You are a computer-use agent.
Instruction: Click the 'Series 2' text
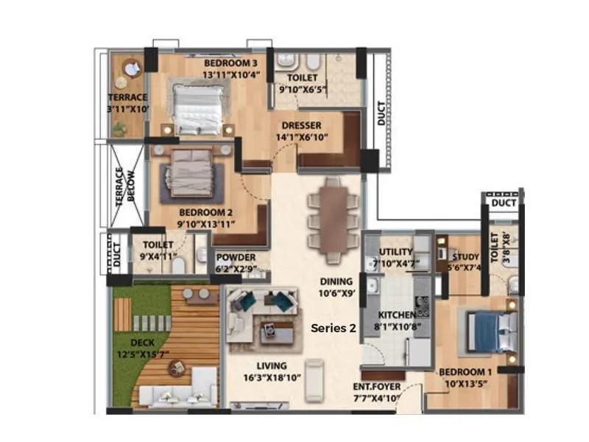(x=333, y=329)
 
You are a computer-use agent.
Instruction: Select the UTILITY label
(x=395, y=252)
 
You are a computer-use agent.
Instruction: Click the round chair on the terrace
(x=133, y=69)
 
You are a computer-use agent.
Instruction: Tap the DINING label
(x=336, y=281)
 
